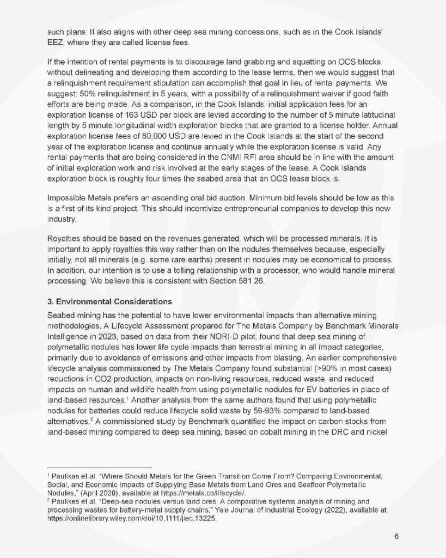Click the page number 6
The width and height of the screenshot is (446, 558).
(x=397, y=536)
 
